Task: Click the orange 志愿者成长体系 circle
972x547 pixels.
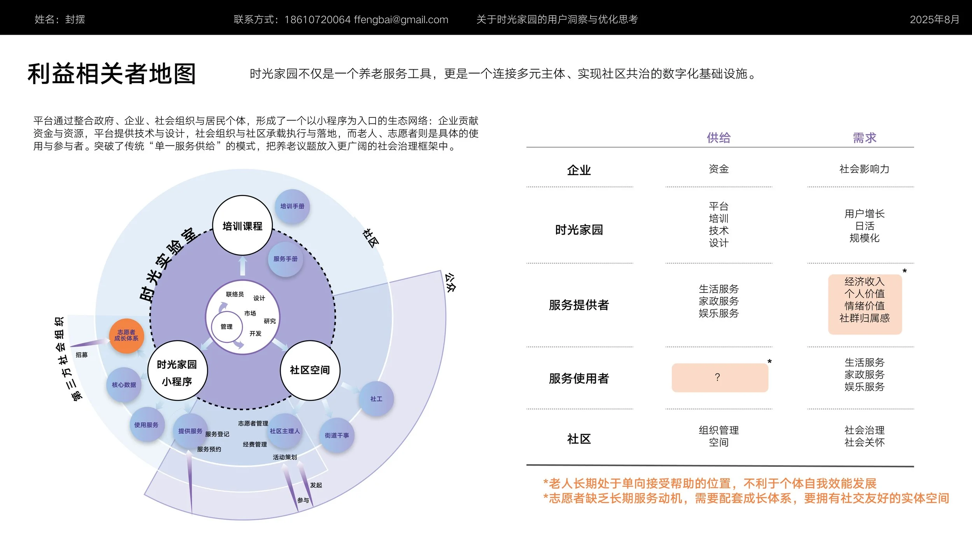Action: click(126, 335)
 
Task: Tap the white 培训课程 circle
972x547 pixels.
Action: click(242, 226)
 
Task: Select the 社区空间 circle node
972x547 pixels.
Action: click(310, 370)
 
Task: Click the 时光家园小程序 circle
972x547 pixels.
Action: click(177, 371)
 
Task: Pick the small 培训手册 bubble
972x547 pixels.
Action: click(292, 206)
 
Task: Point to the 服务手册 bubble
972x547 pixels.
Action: click(285, 259)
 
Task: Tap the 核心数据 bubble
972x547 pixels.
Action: click(124, 385)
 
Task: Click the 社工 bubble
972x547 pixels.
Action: click(376, 399)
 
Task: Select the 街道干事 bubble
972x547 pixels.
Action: click(337, 435)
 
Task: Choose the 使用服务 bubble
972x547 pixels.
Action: click(147, 425)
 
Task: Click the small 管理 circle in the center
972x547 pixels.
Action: click(227, 327)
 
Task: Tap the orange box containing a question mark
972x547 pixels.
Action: click(720, 377)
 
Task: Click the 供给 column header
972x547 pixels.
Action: click(719, 138)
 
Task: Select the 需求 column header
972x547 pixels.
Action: click(864, 138)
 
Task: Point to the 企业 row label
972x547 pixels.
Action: click(579, 170)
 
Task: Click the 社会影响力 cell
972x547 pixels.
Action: click(864, 169)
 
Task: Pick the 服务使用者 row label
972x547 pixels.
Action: click(579, 378)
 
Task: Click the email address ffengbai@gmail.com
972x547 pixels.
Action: click(401, 19)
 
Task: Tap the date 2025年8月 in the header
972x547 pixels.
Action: click(934, 19)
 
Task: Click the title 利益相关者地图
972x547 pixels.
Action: click(112, 74)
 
